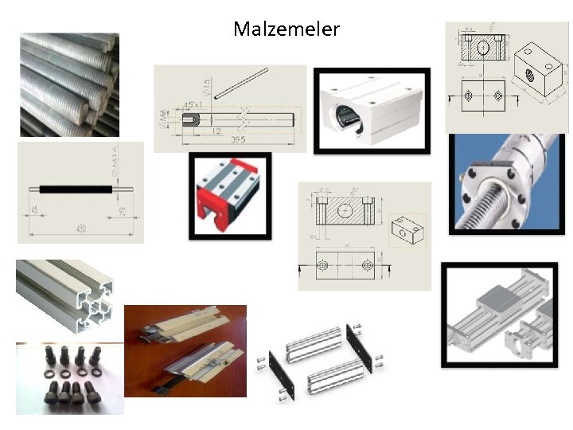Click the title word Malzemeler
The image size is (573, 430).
click(286, 29)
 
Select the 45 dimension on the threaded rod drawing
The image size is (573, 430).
click(35, 211)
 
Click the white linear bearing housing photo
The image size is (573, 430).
click(372, 110)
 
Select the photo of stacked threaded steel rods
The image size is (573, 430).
click(69, 84)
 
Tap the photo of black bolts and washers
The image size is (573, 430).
click(69, 377)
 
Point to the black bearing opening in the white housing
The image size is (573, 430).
click(343, 115)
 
